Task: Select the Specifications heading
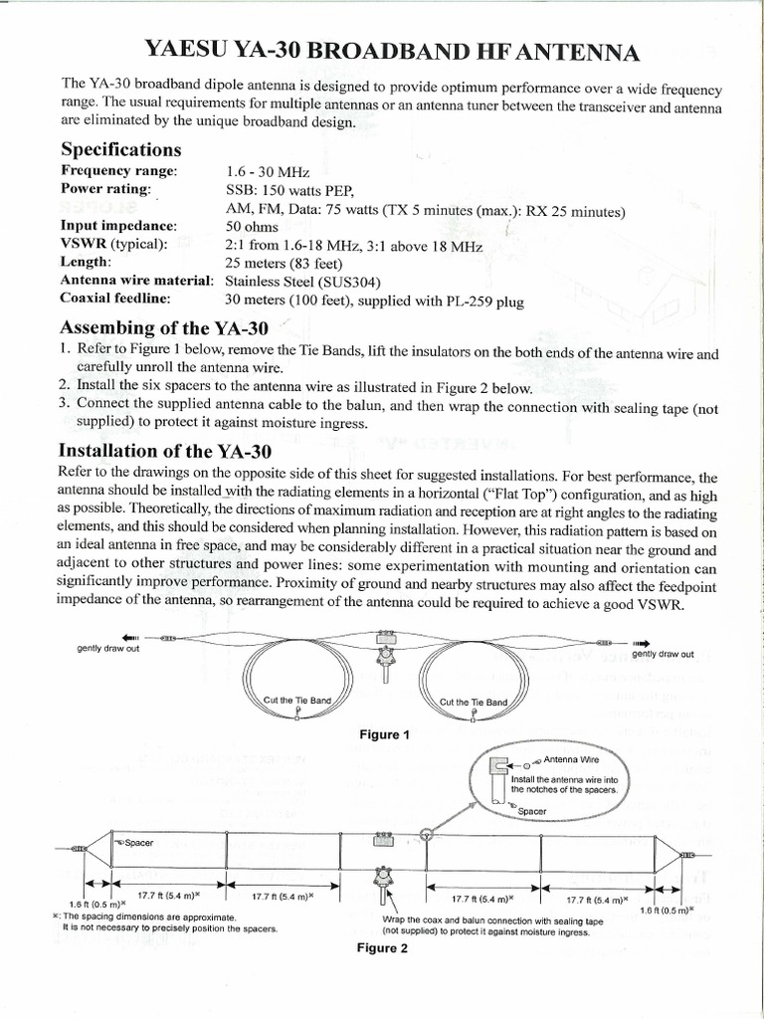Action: pos(121,150)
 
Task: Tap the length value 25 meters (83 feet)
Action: pos(284,263)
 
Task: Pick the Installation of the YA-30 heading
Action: pos(165,451)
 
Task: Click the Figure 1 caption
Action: pos(384,734)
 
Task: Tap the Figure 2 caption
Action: pos(383,948)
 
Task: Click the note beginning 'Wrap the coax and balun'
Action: pos(491,921)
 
